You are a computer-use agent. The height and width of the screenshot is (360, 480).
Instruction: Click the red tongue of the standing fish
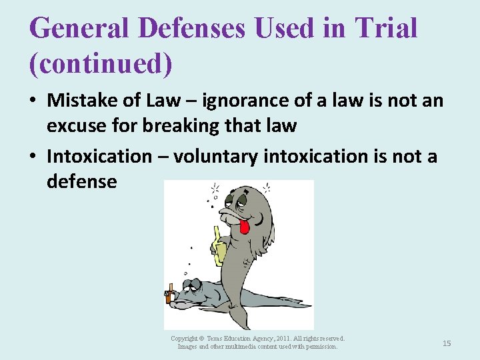pyautogui.click(x=244, y=227)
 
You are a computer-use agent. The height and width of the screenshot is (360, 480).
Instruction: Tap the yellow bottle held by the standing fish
pyautogui.click(x=219, y=247)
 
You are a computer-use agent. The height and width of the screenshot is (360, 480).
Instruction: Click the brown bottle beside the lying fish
pyautogui.click(x=171, y=293)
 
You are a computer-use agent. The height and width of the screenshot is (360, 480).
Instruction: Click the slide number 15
pyautogui.click(x=447, y=343)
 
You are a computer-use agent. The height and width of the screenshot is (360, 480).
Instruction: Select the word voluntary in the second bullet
pyautogui.click(x=216, y=157)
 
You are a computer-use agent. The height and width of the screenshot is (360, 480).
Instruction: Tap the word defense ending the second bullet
pyautogui.click(x=81, y=181)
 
